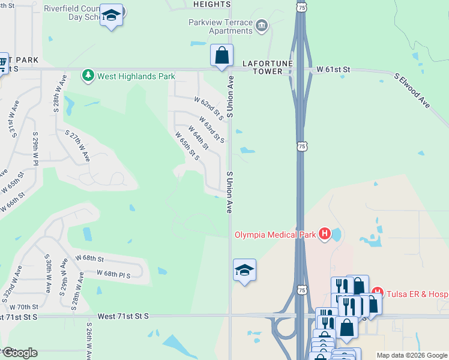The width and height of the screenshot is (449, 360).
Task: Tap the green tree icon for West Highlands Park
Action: click(x=88, y=76)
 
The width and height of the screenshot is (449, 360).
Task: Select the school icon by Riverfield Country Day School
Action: click(x=111, y=16)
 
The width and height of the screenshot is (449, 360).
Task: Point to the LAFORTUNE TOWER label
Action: click(x=262, y=67)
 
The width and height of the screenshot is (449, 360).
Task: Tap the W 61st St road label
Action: click(x=334, y=70)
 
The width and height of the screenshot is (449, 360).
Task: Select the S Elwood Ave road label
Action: click(x=412, y=91)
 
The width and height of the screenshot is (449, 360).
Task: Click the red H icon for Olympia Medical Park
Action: click(x=325, y=233)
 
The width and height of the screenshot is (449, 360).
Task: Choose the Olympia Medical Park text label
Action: click(x=275, y=234)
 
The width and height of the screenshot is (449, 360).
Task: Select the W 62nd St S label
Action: click(x=208, y=108)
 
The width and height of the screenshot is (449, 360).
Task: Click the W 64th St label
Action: click(x=199, y=137)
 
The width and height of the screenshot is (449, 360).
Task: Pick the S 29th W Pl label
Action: click(x=35, y=148)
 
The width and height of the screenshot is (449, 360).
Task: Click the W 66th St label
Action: click(x=13, y=202)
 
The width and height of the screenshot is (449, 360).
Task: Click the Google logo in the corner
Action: click(x=20, y=352)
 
